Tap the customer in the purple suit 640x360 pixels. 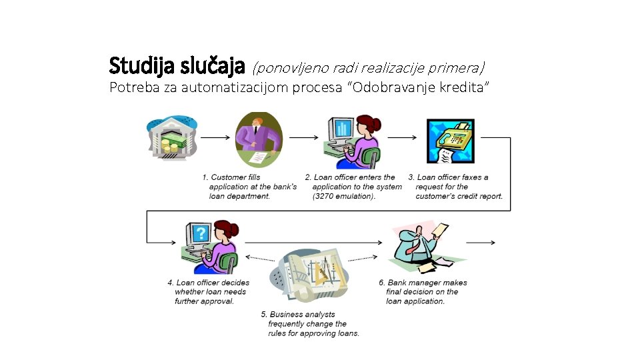(259, 139)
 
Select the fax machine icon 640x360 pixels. (451, 141)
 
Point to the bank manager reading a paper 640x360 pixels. (420, 247)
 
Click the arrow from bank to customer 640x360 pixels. (215, 138)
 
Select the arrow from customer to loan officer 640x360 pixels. (303, 138)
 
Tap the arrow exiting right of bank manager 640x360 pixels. (481, 243)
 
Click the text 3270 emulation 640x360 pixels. (345, 196)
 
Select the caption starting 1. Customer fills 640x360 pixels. (249, 187)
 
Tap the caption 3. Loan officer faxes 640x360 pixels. (455, 187)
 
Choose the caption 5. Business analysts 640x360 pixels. (310, 323)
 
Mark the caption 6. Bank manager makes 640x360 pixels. (422, 291)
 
